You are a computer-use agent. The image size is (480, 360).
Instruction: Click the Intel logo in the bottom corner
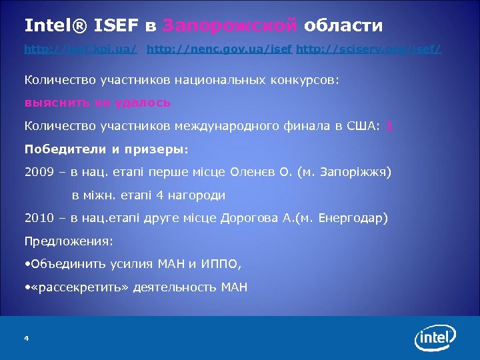[437, 338]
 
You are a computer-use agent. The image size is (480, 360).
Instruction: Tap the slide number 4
[26, 339]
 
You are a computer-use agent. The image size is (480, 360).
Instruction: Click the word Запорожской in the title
[229, 26]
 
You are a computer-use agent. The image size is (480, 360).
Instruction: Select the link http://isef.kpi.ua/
[81, 49]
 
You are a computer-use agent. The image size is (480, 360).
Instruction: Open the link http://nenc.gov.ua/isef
[219, 49]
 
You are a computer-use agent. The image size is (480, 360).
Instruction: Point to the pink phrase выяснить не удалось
[97, 103]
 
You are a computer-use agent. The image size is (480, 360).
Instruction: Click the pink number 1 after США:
[389, 126]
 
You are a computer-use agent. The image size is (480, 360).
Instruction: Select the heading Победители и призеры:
[107, 149]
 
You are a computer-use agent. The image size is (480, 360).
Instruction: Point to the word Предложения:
[69, 241]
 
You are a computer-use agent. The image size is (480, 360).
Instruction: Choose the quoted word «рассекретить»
[79, 288]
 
